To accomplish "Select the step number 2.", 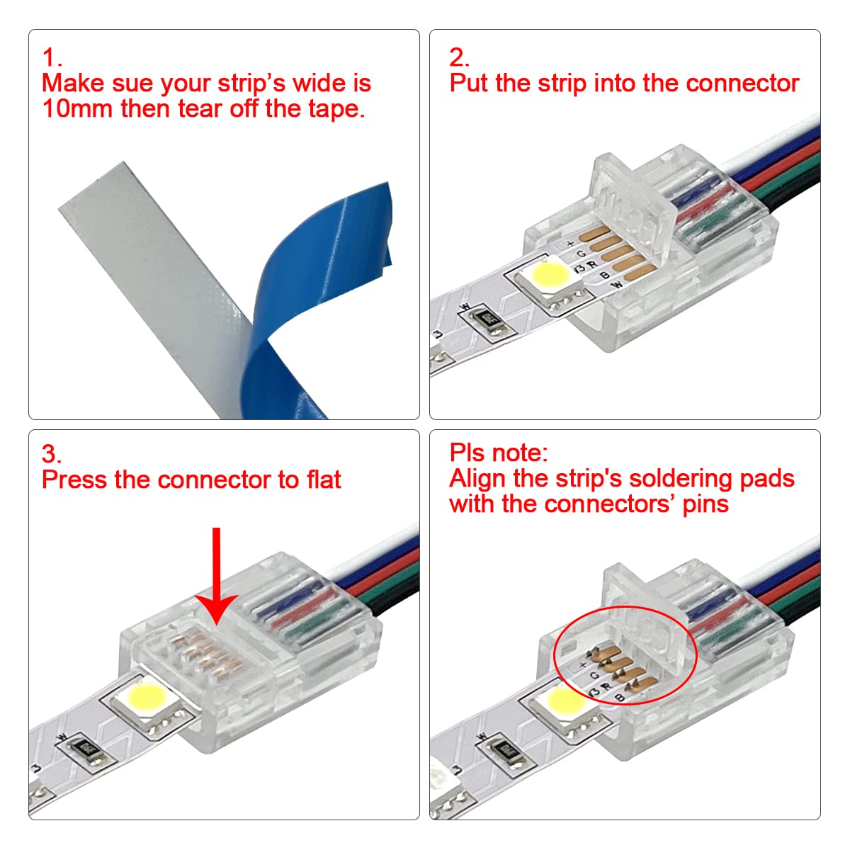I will [x=458, y=57].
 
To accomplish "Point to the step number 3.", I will [x=51, y=454].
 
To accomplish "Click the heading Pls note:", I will [x=498, y=453].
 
